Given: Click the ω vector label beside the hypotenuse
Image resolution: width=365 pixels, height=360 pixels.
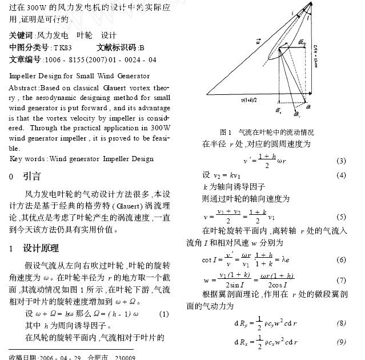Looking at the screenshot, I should (x=259, y=42).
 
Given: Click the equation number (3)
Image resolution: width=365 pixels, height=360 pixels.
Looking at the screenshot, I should (x=341, y=160).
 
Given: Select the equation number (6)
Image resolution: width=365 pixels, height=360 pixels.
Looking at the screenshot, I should (x=341, y=259).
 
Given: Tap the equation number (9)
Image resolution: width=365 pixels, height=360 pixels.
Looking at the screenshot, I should (x=341, y=342).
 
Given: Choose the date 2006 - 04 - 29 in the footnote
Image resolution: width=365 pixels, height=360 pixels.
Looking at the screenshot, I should (x=60, y=357).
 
